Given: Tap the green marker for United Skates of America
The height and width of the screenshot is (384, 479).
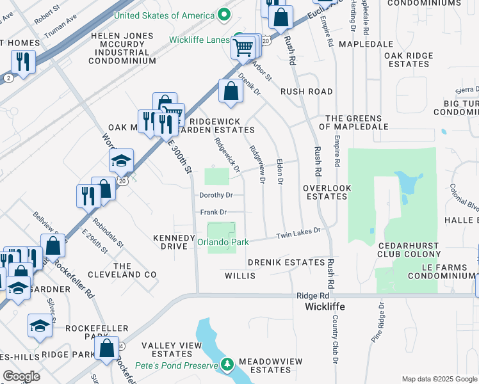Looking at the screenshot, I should (223, 14).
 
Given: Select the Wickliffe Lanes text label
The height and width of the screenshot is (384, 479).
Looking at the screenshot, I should (199, 39).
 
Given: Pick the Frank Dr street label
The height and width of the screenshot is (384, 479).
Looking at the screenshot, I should (213, 212).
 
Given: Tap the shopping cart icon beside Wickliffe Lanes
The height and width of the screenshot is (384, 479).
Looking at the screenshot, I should (243, 47).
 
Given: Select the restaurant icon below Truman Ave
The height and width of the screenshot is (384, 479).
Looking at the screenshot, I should (23, 62).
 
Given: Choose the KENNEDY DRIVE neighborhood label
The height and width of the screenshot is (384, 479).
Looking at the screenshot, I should (174, 242).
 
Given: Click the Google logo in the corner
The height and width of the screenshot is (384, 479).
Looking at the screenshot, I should (21, 376).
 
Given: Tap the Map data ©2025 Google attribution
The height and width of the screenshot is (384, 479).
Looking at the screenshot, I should (439, 379).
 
